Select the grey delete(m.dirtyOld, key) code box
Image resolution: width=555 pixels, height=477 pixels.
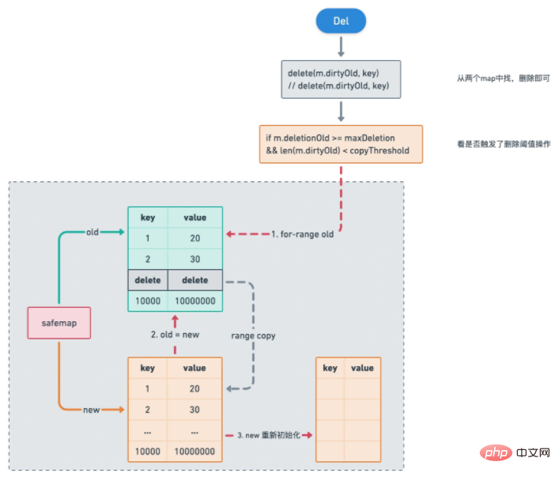tap(340, 80)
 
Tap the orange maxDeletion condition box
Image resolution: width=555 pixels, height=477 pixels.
tap(341, 145)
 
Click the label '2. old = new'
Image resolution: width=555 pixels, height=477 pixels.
tap(175, 335)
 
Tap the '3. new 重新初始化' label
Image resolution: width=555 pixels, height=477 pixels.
tap(266, 436)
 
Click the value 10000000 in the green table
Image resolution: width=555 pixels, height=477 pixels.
tap(194, 301)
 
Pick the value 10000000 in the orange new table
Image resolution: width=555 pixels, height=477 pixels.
tap(194, 452)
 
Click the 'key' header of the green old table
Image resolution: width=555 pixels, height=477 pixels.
tap(148, 218)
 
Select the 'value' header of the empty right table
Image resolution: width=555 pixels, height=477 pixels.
tap(362, 368)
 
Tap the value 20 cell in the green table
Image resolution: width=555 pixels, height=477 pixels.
tap(194, 238)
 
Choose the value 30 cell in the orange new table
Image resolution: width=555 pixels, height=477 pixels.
tap(194, 410)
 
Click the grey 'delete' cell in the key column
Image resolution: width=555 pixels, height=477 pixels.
tap(148, 280)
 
